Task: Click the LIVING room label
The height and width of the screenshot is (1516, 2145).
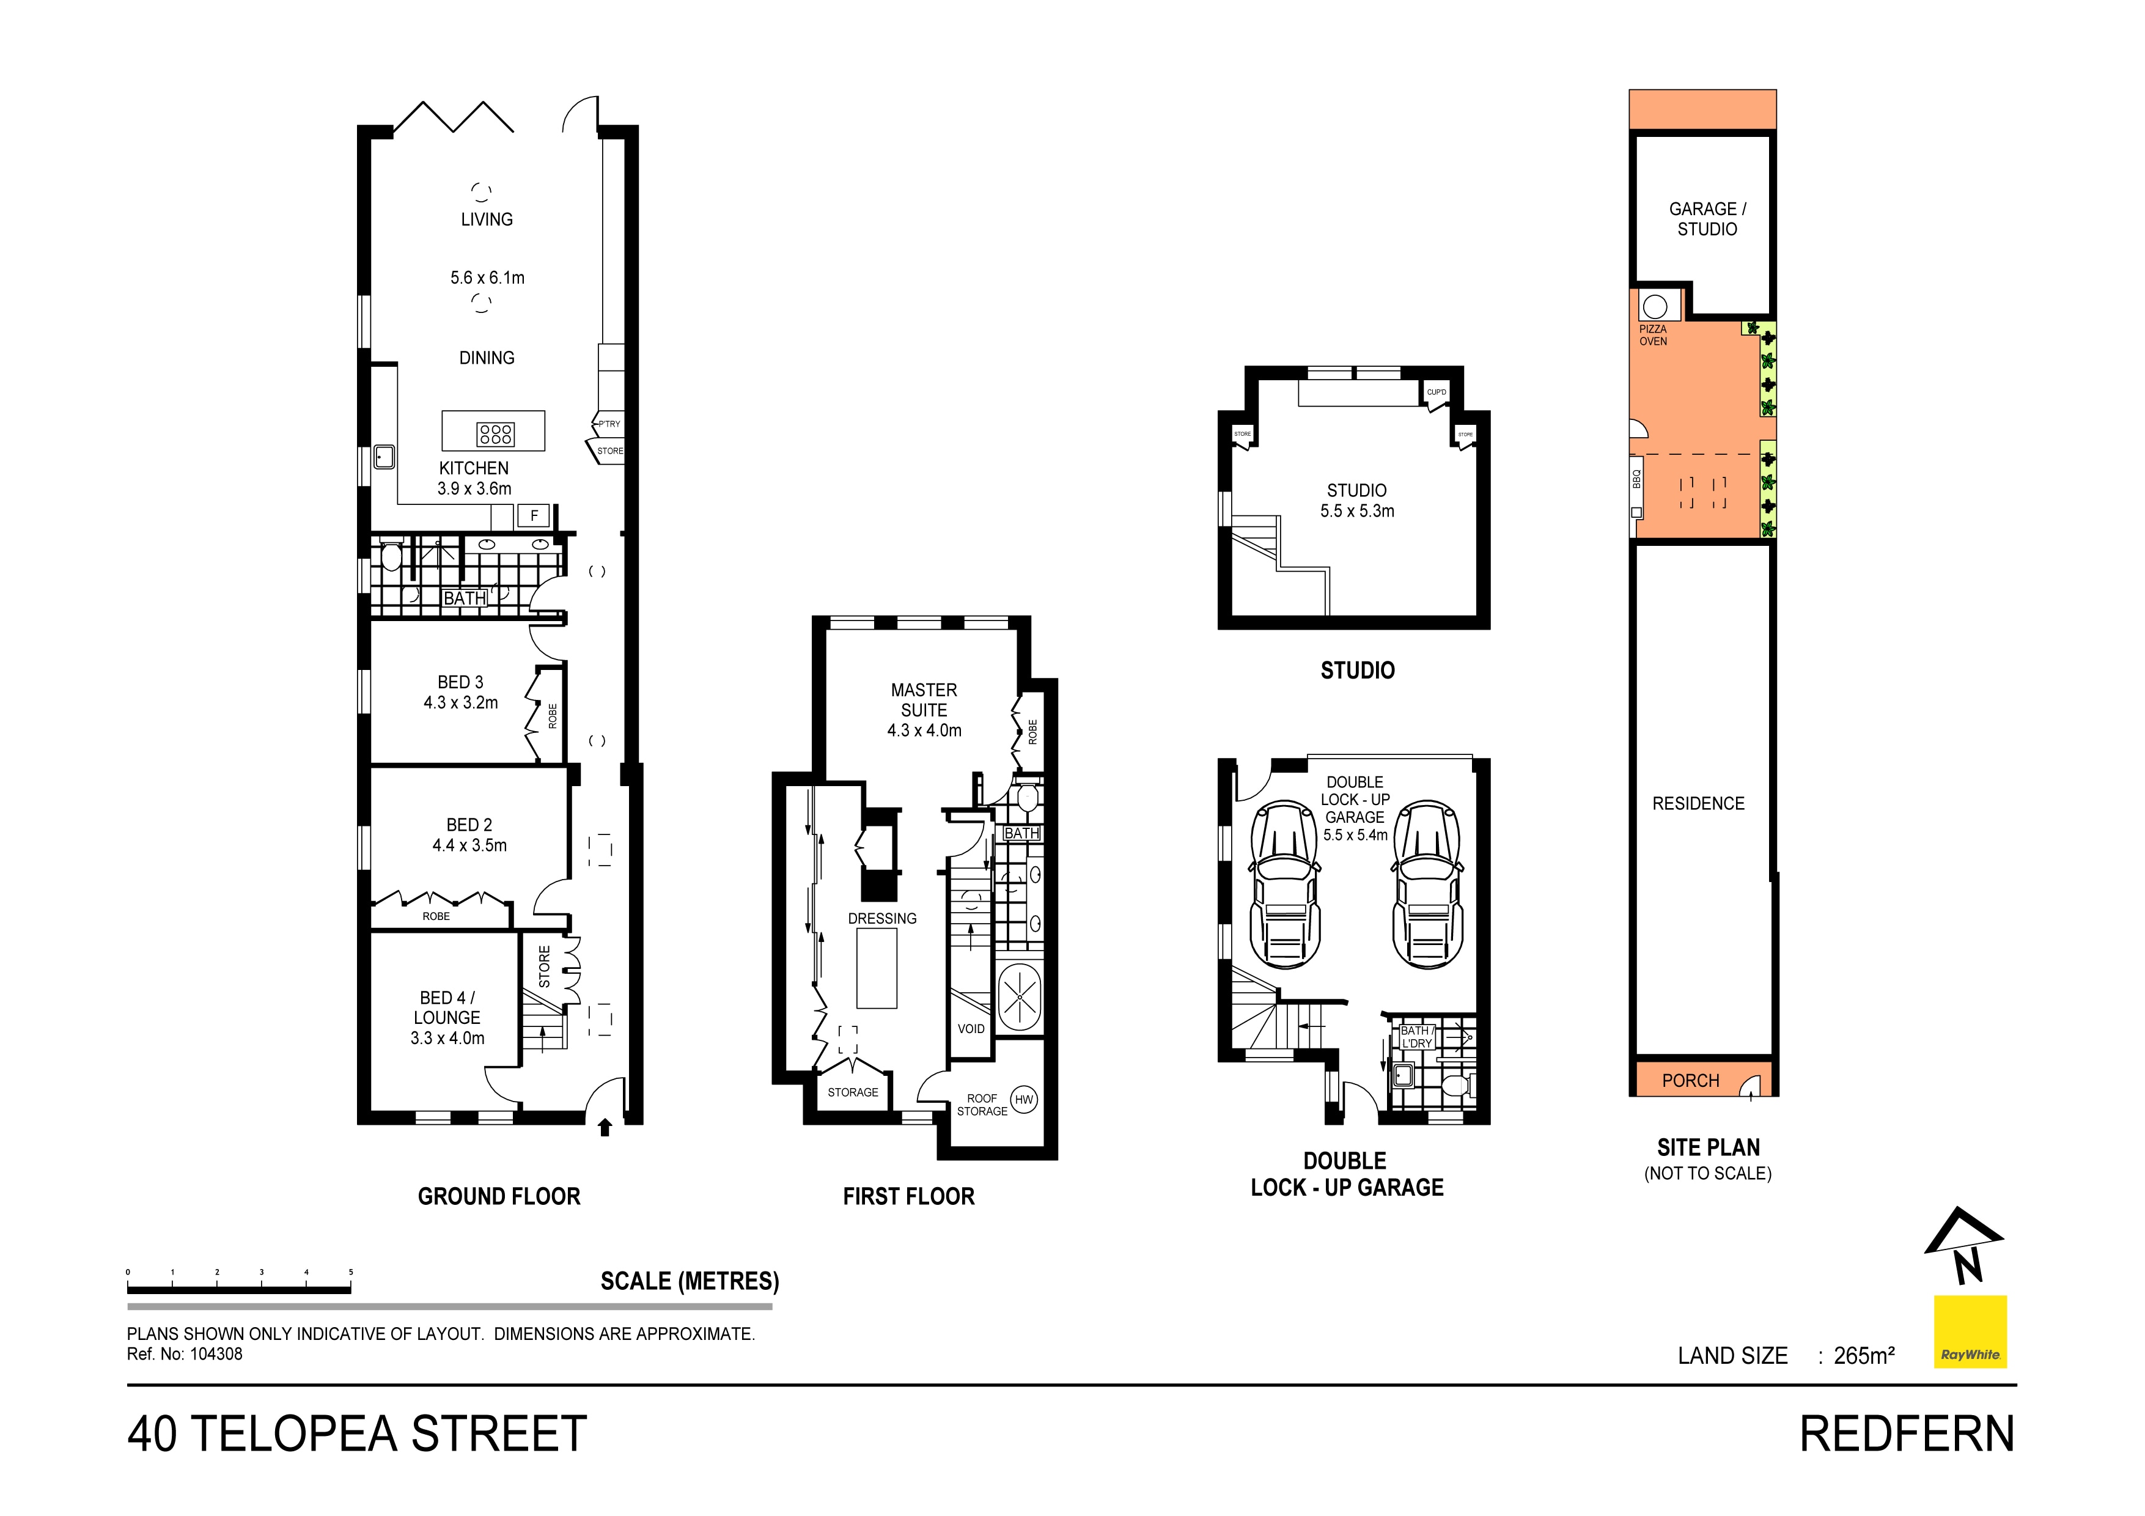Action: (487, 219)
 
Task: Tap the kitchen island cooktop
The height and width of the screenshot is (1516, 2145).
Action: (495, 433)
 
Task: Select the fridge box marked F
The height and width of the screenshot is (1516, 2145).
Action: (534, 515)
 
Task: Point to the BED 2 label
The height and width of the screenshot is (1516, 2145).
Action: (469, 825)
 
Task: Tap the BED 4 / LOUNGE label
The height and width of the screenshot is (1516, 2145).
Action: (447, 1008)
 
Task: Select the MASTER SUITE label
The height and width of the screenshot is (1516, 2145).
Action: (924, 699)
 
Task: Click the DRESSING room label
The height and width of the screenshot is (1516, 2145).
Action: (882, 918)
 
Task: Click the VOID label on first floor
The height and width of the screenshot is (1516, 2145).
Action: (971, 1028)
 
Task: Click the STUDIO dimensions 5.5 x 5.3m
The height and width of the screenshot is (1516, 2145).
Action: (1356, 511)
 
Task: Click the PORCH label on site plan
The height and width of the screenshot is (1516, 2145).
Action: (1690, 1081)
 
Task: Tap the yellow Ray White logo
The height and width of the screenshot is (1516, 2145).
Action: (1970, 1331)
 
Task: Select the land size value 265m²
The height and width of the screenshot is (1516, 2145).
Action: (1864, 1355)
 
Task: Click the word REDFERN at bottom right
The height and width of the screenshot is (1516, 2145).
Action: (1907, 1434)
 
